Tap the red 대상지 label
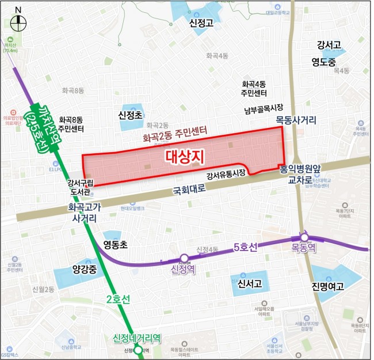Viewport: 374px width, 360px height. tap(185, 157)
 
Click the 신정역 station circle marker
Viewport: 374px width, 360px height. tap(184, 259)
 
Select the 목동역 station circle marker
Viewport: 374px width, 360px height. tap(304, 237)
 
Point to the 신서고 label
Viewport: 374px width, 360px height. tap(250, 283)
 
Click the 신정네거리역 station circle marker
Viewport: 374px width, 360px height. tap(138, 350)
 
